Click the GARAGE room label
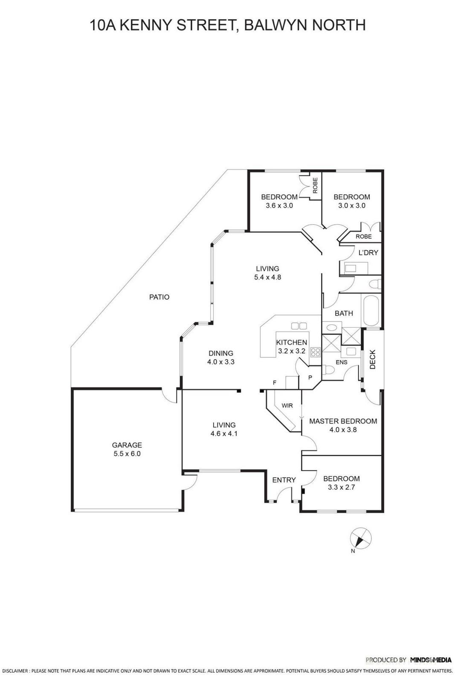[127, 445]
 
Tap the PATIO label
[159, 297]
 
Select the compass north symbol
[360, 538]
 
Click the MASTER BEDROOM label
[343, 421]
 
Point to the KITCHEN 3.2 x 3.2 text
[292, 347]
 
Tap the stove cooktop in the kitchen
[316, 352]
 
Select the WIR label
[287, 405]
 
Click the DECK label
[372, 359]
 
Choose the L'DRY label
[368, 252]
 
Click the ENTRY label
[284, 480]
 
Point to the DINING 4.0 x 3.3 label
[221, 357]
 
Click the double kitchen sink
[299, 326]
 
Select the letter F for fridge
[275, 383]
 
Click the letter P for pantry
[310, 378]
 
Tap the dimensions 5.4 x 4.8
[267, 277]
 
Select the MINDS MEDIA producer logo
[430, 660]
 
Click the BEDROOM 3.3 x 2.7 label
[341, 483]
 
